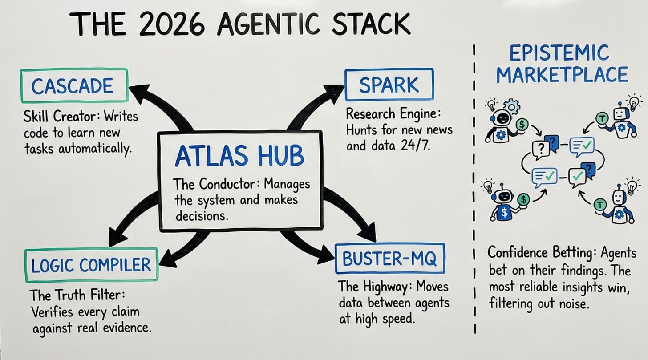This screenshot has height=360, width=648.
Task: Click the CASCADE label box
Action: pyautogui.click(x=74, y=86)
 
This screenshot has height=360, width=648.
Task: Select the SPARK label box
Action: pyautogui.click(x=389, y=84)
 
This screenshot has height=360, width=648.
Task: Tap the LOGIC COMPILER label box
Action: pyautogui.click(x=91, y=265)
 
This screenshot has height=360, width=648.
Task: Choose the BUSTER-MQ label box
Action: pyautogui.click(x=389, y=259)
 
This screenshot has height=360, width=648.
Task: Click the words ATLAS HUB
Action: pyautogui.click(x=239, y=156)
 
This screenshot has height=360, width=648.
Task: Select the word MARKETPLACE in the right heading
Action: pyautogui.click(x=562, y=74)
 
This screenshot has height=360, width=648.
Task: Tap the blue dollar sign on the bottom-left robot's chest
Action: pyautogui.click(x=504, y=213)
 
